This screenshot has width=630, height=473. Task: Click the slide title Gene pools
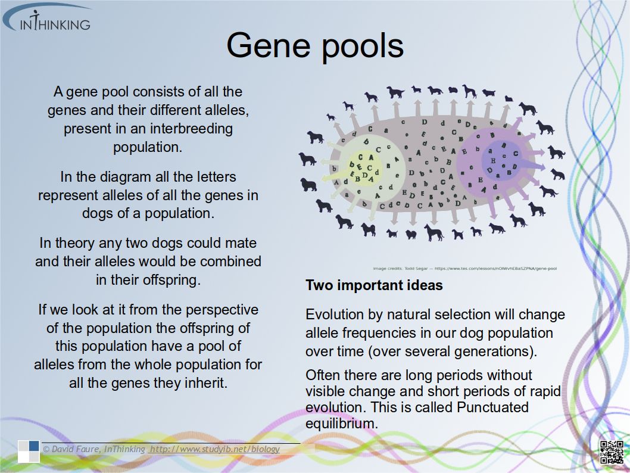[x=314, y=45]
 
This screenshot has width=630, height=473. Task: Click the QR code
[x=611, y=451]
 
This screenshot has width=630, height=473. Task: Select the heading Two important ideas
[x=374, y=285]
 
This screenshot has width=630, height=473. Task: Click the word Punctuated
[x=492, y=407]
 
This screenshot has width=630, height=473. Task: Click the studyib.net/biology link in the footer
[x=215, y=449]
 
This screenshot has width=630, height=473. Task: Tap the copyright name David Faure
[x=75, y=449]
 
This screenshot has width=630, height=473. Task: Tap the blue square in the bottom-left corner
[x=34, y=446]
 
